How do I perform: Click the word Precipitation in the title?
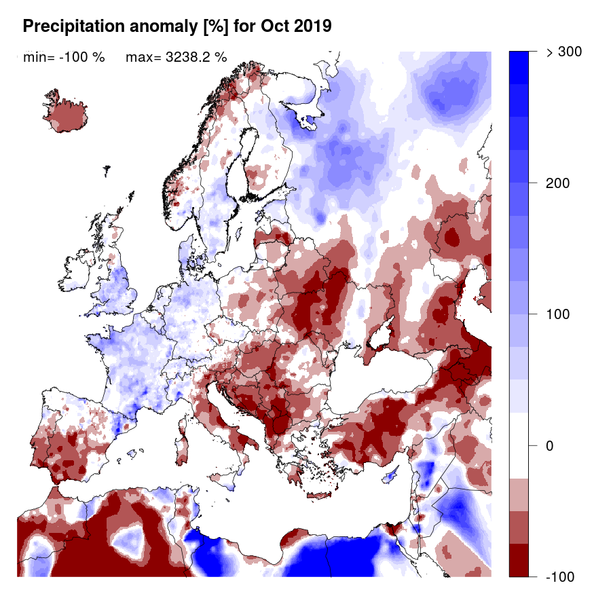coord(71,26)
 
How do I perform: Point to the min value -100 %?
coord(64,57)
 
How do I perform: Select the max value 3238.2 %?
coord(176,57)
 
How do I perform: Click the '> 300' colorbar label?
coord(563,53)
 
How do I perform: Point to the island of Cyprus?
coord(391,476)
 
